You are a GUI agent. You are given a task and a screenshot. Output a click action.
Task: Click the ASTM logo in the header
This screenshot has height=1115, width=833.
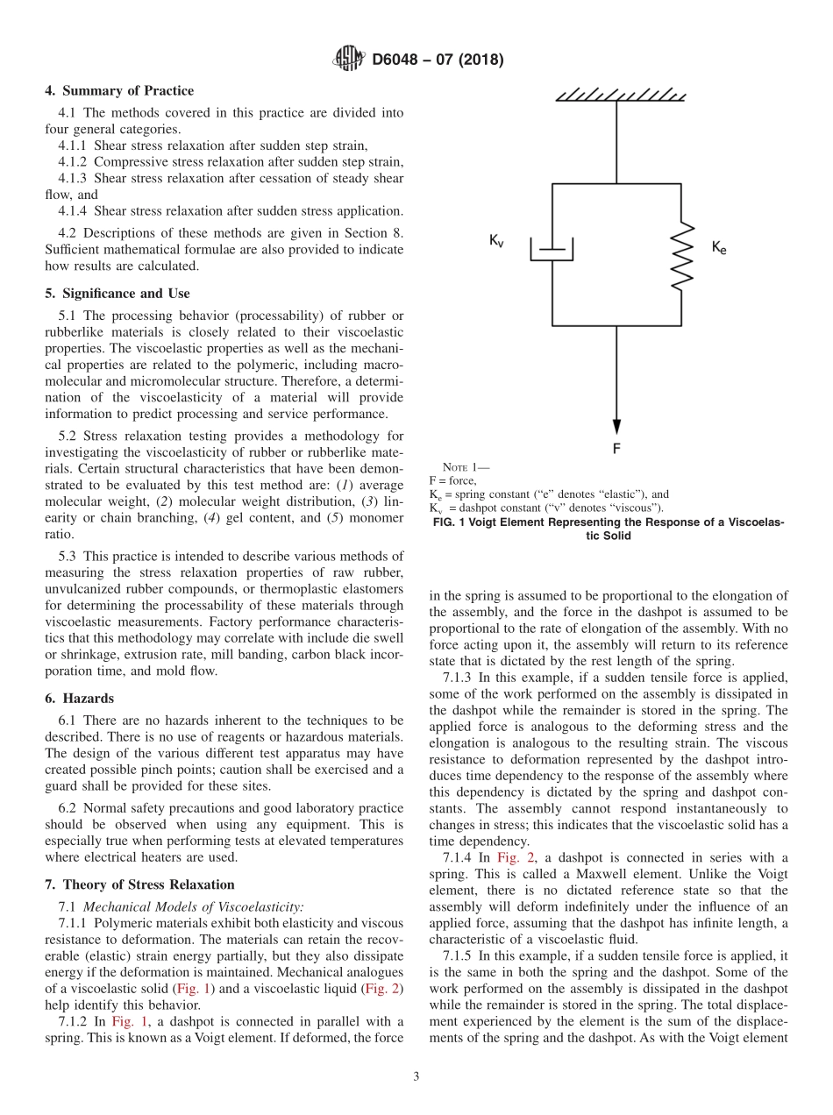click(349, 60)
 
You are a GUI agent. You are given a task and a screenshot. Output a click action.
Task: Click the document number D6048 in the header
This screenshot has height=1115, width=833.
click(399, 60)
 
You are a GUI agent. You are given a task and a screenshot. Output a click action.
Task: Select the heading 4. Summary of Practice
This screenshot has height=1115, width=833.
click(119, 91)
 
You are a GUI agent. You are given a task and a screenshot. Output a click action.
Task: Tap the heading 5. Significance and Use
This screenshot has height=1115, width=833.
click(117, 294)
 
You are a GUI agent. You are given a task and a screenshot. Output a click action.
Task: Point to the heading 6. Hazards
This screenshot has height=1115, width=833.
click(79, 699)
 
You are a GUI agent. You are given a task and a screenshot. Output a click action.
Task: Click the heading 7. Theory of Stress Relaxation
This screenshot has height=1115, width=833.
click(139, 884)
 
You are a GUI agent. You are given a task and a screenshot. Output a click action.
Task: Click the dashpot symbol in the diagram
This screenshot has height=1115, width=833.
click(552, 250)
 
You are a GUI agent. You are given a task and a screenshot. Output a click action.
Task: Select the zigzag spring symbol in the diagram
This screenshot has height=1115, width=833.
click(680, 252)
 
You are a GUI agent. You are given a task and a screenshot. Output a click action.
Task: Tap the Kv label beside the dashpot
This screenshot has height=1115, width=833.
click(496, 241)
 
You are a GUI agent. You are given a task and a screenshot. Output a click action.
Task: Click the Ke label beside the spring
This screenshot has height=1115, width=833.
click(718, 248)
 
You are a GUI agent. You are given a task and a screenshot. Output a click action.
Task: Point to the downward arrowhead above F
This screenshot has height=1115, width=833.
click(616, 425)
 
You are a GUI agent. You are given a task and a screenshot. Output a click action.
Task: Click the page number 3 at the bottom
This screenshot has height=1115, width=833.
click(416, 1077)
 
